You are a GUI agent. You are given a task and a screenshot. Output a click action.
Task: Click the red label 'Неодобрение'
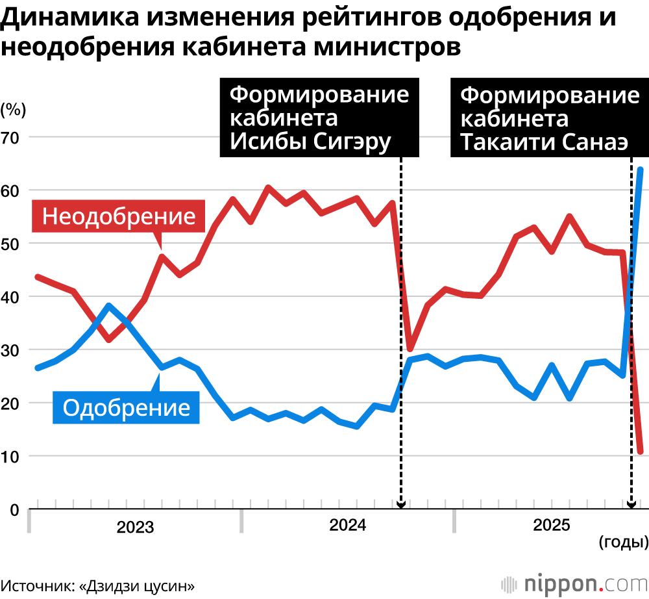coord(118,216)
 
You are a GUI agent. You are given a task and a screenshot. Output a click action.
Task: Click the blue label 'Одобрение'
coord(126,407)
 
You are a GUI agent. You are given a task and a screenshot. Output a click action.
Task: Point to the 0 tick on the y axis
coord(14,510)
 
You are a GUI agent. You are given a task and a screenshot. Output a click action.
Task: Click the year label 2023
coord(135,527)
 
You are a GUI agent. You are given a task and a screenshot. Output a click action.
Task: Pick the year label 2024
coord(348,526)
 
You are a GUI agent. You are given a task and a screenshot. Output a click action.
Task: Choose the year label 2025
coord(551,526)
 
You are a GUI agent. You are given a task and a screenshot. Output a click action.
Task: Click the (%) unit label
coord(13,110)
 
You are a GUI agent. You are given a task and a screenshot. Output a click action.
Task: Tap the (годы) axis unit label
coord(624,542)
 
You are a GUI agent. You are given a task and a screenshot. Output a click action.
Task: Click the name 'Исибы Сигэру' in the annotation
coord(310,142)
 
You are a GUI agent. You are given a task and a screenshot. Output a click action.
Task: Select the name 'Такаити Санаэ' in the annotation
coord(544,142)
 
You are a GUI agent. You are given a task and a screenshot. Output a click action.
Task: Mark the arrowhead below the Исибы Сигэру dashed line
coord(400,505)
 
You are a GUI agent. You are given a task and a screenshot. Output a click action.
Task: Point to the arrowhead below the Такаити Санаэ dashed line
coord(631,505)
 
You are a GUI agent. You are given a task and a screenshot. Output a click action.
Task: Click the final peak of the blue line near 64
coord(640,170)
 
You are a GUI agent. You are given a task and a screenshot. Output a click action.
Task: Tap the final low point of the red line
coord(641,451)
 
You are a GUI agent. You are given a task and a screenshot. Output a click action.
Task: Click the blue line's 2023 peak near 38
coord(109,306)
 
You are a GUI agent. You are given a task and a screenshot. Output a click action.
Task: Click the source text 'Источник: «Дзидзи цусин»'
coord(98,587)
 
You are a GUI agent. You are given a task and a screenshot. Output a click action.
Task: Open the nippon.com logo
coord(574,585)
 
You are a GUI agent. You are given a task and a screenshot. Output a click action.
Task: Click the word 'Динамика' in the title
coord(68,18)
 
